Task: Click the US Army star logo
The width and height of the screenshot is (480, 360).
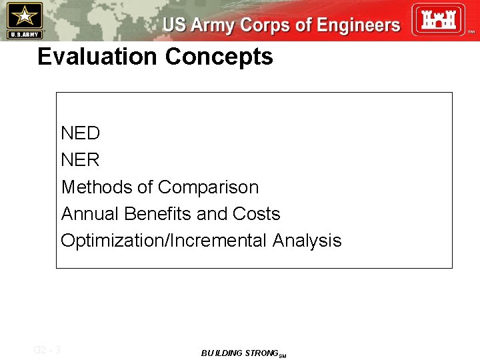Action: [24, 15]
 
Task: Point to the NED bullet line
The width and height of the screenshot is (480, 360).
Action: [80, 133]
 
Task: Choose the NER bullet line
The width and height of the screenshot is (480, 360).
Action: [80, 160]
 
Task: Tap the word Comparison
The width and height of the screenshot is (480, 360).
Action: [209, 187]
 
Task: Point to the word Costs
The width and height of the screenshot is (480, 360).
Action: [256, 214]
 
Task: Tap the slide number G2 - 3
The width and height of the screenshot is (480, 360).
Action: [47, 349]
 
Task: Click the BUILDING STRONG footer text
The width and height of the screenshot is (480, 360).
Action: [239, 353]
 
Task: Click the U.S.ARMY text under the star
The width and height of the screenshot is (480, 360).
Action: [24, 34]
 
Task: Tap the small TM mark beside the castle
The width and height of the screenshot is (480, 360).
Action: [471, 32]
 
